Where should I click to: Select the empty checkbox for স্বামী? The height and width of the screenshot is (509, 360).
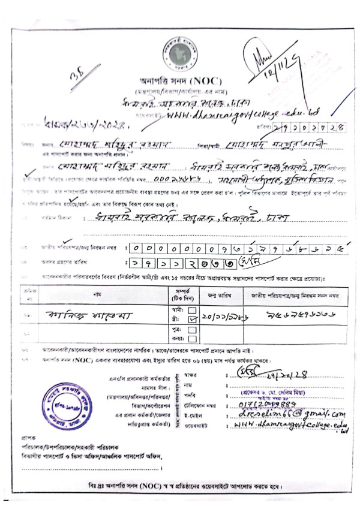pyautogui.click(x=192, y=310)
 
